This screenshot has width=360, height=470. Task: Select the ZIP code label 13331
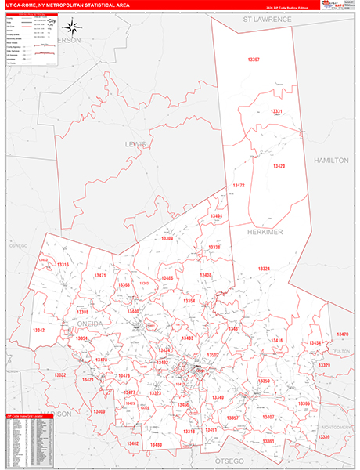[276, 112]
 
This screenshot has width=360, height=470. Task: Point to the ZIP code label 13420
[279, 166]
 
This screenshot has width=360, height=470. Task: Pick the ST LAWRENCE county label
[267, 18]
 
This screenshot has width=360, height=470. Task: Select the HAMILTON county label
[330, 160]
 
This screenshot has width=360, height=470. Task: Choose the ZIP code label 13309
[167, 239]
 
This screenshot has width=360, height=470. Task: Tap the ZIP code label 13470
[342, 334]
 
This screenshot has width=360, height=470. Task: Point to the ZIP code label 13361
[268, 441]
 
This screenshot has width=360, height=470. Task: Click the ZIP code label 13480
[156, 444]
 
